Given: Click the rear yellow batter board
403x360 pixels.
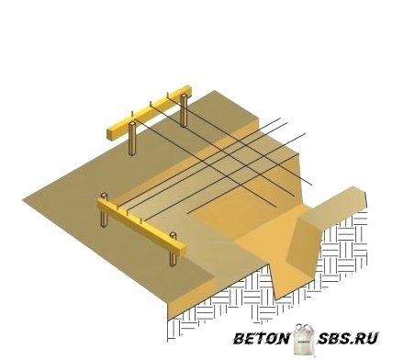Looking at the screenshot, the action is coord(150,112).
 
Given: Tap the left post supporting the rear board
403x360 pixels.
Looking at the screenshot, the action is coord(132,139).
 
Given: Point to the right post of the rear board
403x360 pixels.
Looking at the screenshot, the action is coord(184,110).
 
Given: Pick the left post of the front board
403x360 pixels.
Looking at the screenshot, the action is coord(105,211).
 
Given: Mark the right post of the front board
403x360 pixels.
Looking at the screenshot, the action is coord(174,250).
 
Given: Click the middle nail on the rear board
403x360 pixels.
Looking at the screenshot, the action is coord(151,105).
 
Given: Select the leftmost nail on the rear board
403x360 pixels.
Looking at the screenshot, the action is coord(132,115).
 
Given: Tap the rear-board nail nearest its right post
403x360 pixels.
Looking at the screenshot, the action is coord(168,96).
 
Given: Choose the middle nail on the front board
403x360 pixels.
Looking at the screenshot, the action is coord(128,212).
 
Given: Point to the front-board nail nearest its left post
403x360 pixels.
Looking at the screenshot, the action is coord(118,208).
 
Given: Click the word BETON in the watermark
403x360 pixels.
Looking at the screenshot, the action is coord(262,339).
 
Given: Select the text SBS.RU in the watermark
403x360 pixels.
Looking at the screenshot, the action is coord(348,339).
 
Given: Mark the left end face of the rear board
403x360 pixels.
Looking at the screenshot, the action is coord(110,133).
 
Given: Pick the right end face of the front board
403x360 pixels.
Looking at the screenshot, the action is coord(183,250).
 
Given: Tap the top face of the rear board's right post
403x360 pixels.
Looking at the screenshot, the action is coord(184,96).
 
